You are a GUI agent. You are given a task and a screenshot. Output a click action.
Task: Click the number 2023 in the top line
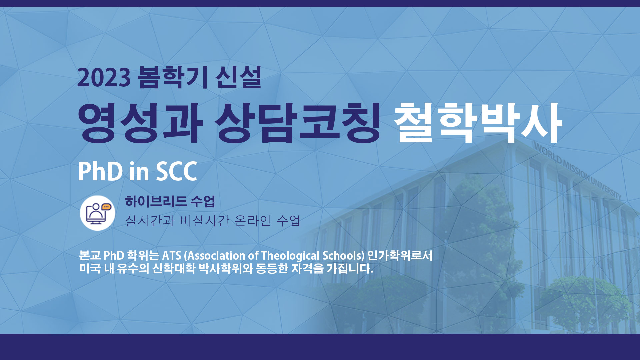click(104, 78)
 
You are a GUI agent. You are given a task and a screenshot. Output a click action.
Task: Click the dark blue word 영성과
click(140, 122)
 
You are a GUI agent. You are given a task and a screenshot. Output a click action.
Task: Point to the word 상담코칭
click(297, 122)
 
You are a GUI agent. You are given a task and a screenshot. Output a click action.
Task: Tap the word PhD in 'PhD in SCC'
click(100, 171)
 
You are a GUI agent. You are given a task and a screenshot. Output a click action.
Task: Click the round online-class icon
click(97, 213)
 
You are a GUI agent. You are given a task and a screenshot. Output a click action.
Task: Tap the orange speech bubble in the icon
click(106, 207)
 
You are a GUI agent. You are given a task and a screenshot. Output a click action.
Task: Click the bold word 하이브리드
click(156, 201)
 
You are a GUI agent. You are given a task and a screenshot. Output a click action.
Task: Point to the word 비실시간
click(204, 221)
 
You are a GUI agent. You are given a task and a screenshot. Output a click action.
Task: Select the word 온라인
click(252, 221)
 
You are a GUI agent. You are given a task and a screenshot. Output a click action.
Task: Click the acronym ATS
click(171, 256)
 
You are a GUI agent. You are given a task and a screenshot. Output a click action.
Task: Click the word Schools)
click(343, 256)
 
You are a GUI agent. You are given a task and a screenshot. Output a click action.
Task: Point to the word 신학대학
click(174, 268)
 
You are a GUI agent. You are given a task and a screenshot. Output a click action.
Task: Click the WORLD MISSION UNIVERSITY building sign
click(578, 170)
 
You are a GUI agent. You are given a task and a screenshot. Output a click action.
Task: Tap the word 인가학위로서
click(400, 256)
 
